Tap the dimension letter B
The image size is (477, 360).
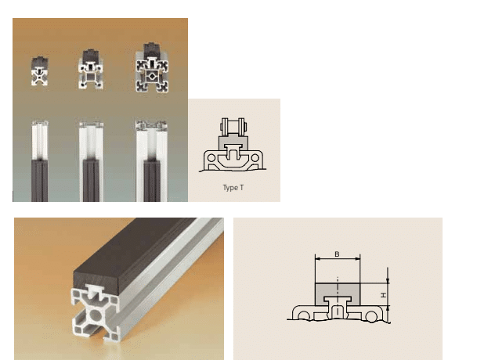click(x=337, y=254)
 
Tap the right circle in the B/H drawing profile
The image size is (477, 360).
click(x=373, y=314)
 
